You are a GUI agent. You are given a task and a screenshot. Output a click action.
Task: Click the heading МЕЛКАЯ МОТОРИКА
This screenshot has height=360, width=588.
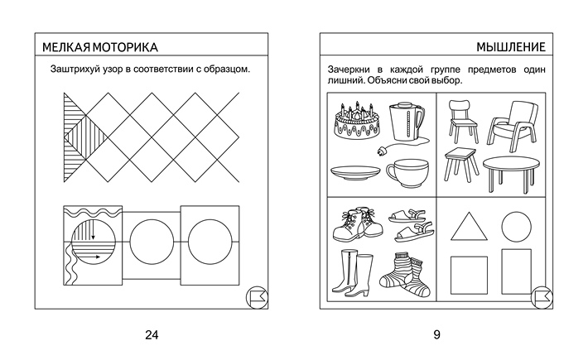(x=99, y=46)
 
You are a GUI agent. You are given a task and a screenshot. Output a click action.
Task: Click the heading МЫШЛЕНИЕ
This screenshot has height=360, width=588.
(x=509, y=46)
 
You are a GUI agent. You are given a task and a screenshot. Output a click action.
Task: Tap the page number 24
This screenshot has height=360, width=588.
(x=151, y=334)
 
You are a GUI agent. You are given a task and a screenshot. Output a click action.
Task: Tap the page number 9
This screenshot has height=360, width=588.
(x=436, y=334)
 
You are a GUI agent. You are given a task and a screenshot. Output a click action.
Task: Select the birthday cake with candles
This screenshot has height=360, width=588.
(x=357, y=125)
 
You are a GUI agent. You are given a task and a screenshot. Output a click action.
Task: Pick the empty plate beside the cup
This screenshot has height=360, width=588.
(x=355, y=173)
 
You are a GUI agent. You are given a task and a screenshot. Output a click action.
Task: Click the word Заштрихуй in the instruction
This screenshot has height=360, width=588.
(x=77, y=69)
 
